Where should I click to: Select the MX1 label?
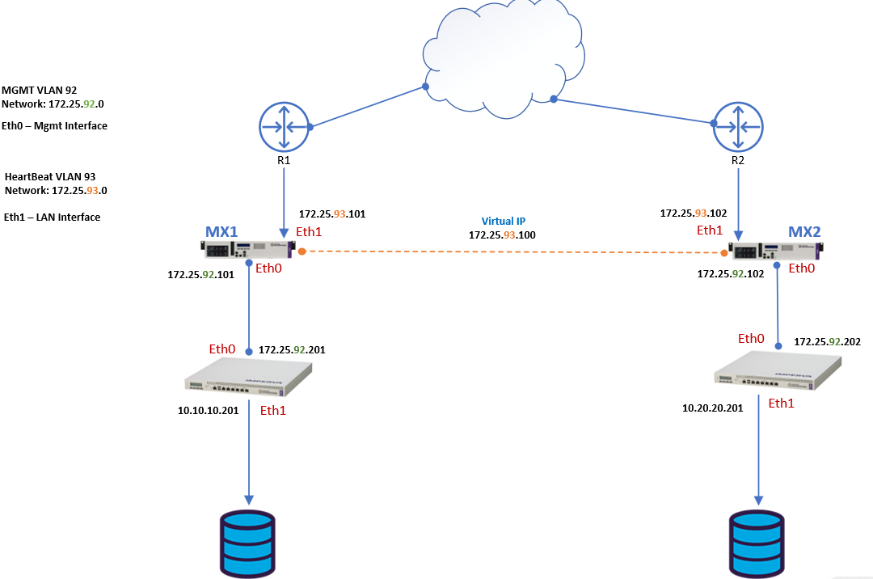coord(221,232)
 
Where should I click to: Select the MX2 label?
coord(804,232)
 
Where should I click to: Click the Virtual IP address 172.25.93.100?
coord(502,235)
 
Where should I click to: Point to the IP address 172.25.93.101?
coord(332,214)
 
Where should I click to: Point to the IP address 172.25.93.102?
coord(694,213)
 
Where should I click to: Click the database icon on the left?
coord(248,541)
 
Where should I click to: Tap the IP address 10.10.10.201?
coord(208,411)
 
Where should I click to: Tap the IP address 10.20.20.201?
coord(712,408)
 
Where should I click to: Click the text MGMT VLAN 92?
coord(40,91)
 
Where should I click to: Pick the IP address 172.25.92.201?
coord(292,350)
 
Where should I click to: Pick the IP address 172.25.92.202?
coord(827,342)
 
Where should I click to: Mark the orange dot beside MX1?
coord(302,251)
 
